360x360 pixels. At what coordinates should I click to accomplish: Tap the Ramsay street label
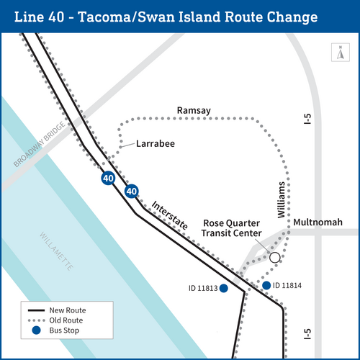(x=194, y=109)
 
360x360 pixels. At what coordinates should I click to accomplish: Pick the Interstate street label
(x=171, y=214)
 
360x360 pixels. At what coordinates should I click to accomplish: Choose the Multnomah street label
(x=318, y=222)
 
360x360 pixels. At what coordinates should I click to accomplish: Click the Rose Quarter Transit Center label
(x=233, y=228)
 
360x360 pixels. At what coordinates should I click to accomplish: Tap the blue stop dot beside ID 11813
(x=223, y=289)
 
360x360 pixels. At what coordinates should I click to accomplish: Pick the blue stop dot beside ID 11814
(x=266, y=286)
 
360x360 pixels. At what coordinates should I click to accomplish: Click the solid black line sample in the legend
(x=36, y=310)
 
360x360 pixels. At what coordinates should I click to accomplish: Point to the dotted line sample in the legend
(x=36, y=320)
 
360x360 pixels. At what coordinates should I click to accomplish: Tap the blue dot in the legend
(x=36, y=330)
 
